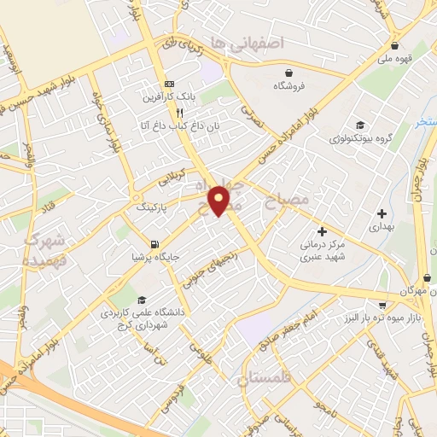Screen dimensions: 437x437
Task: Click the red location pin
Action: coord(220,201)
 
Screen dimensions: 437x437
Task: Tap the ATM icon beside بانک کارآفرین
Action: coord(170,84)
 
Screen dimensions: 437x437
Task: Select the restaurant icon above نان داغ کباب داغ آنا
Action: coord(179,112)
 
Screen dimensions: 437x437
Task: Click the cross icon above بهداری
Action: coord(381,213)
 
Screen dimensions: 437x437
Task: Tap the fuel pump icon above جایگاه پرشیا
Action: coord(154,245)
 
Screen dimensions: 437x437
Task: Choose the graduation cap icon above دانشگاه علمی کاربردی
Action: coord(141,300)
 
